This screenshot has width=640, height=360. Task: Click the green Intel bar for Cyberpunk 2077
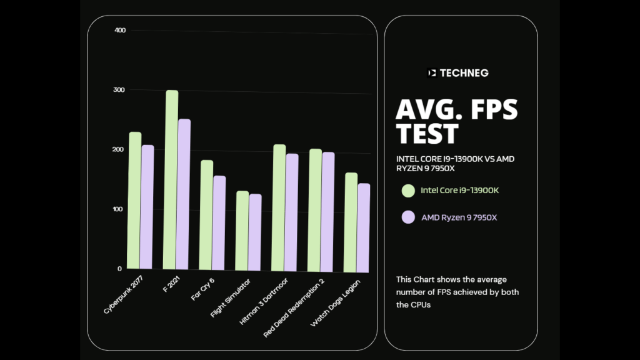click(135, 201)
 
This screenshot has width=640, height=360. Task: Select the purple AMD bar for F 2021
click(184, 195)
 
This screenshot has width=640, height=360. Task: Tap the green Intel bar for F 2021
click(171, 181)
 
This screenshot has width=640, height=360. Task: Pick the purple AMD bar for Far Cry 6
click(219, 224)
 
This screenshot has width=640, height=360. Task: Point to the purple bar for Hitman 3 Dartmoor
click(292, 213)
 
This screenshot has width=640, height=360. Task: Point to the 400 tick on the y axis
click(120, 31)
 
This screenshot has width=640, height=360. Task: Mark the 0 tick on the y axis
click(120, 269)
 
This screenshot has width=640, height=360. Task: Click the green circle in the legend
click(408, 190)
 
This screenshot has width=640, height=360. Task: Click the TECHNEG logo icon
click(431, 72)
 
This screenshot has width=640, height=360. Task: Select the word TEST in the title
click(427, 133)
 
